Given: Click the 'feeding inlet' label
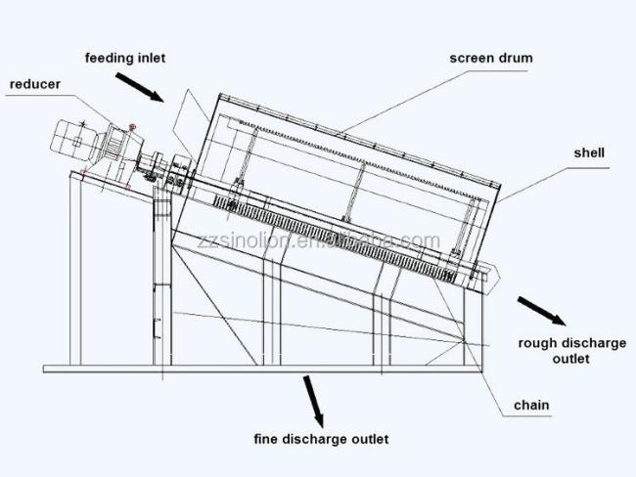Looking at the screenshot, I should (124, 58).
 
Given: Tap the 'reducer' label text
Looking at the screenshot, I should (35, 84).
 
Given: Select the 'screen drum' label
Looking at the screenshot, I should (491, 58).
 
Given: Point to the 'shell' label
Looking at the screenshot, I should (590, 152).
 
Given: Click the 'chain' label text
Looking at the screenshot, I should (531, 405).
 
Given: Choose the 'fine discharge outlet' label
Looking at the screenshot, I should (321, 439).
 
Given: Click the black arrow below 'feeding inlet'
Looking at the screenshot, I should (142, 89).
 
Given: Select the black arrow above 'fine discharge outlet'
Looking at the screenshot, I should (314, 396).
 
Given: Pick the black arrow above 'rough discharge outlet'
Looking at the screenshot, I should (541, 311).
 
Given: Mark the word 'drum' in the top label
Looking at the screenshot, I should (515, 58).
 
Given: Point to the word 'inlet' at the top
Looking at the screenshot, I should (149, 58).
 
